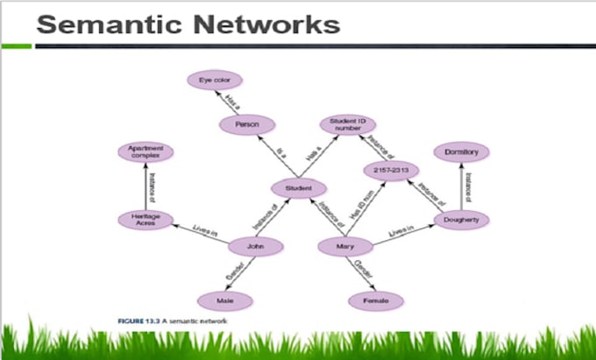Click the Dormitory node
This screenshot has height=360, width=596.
point(460,152)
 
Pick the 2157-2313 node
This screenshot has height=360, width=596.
point(392,169)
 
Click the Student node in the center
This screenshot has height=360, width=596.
point(299,188)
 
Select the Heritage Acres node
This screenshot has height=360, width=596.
point(146,219)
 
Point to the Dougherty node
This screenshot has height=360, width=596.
point(460,219)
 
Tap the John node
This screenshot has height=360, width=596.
point(255,248)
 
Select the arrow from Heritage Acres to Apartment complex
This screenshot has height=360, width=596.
point(146,186)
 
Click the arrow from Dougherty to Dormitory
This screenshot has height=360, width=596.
point(460,186)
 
